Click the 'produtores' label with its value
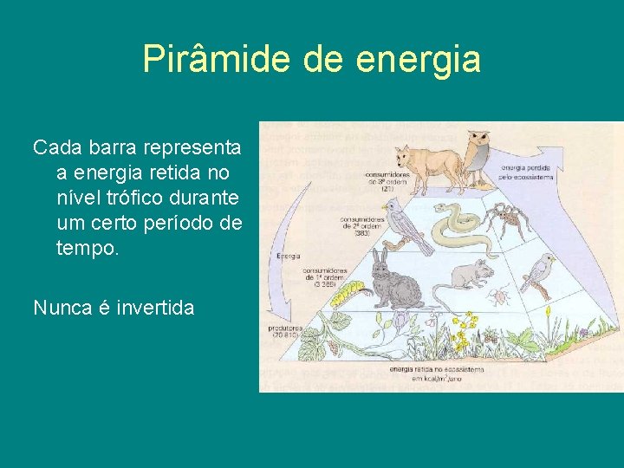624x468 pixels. pos(287,331)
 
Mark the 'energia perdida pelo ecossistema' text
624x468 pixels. pos(527,173)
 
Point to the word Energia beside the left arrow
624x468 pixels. pos(289,257)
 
